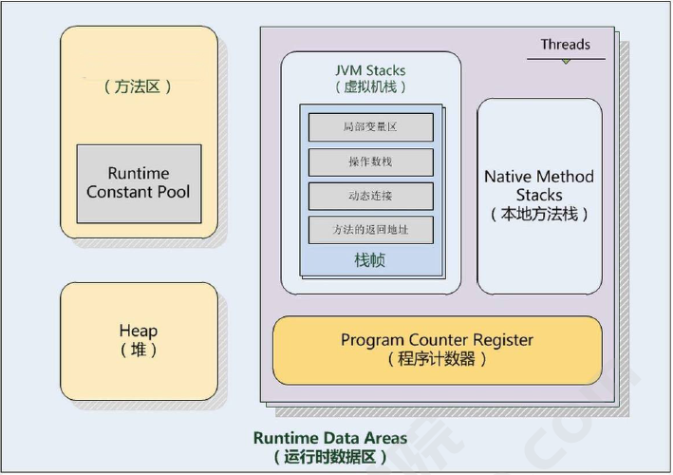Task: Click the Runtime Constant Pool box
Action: (140, 183)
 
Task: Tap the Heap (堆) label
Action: (139, 340)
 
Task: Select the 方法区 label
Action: (138, 86)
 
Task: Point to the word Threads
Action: (566, 45)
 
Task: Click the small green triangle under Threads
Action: (566, 62)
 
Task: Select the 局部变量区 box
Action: (371, 127)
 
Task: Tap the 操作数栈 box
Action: (371, 161)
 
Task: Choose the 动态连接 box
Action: (371, 197)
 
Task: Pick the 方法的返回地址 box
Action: (371, 230)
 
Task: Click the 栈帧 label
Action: (370, 260)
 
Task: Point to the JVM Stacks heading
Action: (370, 70)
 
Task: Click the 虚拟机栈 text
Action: (370, 87)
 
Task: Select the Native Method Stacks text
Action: (539, 185)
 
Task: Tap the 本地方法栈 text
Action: (539, 214)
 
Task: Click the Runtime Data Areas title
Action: (330, 438)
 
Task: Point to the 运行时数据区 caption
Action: (330, 457)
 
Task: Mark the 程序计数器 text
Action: (437, 358)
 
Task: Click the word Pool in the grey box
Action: (174, 192)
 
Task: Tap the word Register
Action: (503, 340)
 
